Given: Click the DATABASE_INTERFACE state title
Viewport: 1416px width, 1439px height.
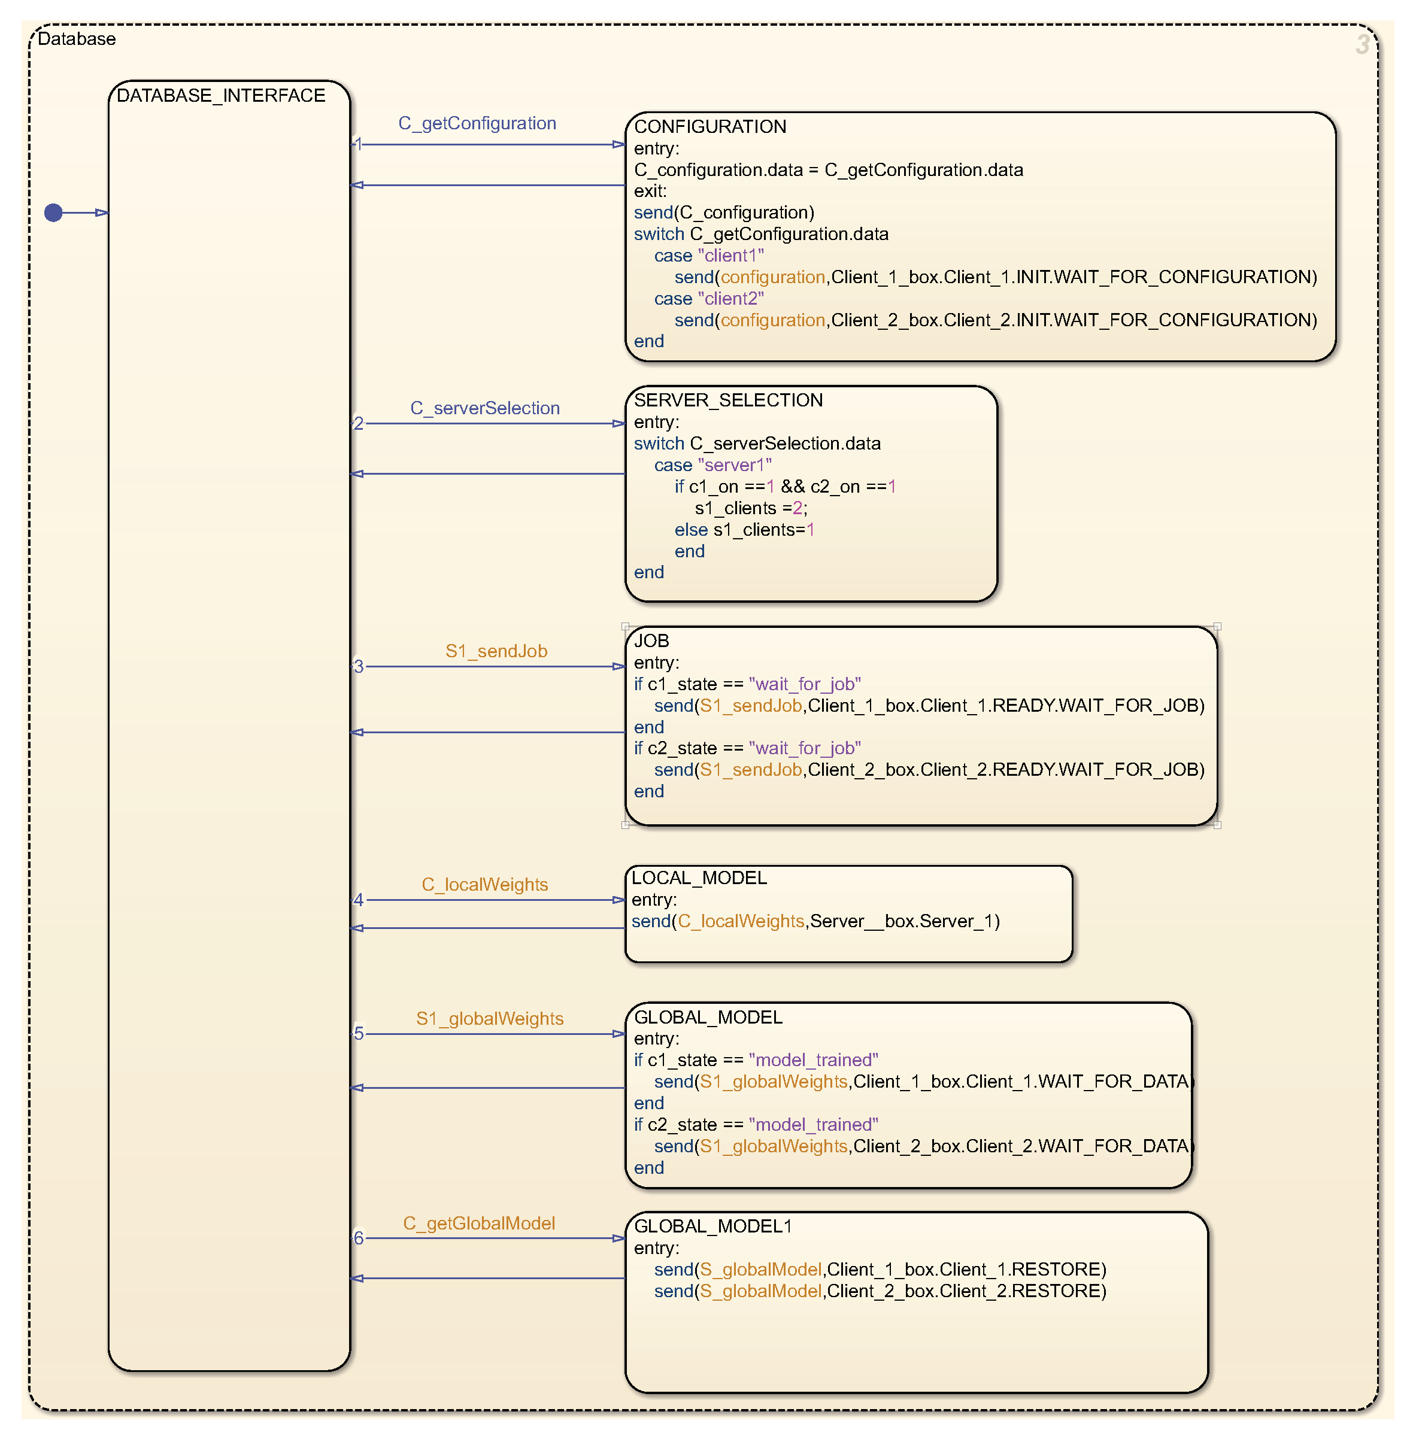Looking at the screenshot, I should [x=221, y=95].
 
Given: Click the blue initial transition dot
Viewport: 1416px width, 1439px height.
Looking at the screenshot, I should [x=53, y=212].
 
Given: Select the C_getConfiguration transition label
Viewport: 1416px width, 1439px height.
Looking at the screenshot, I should [x=477, y=123].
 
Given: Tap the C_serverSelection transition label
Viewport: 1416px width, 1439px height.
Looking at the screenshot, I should [x=485, y=408].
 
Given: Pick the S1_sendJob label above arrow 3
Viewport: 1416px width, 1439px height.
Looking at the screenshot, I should [x=496, y=651].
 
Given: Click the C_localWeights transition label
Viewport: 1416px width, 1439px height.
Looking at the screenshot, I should [x=484, y=884].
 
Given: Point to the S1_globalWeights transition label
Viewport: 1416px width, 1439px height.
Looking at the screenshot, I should [x=489, y=1018].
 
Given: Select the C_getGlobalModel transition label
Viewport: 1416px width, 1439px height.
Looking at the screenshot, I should [x=479, y=1224].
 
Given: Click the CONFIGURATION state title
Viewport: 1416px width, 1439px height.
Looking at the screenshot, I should [x=709, y=126].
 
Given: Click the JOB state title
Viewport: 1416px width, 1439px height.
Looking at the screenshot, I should [x=651, y=640].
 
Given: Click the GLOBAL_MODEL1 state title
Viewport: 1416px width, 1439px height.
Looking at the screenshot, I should [x=712, y=1227].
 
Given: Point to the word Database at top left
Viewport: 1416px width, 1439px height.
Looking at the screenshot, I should [x=77, y=39].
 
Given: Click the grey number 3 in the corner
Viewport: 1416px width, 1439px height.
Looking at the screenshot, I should [x=1361, y=45].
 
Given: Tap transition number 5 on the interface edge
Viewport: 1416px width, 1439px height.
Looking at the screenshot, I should [x=359, y=1033].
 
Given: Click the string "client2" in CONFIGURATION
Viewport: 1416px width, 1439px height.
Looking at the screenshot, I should [x=730, y=298].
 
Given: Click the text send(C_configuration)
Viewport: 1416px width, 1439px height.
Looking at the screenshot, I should [x=724, y=212].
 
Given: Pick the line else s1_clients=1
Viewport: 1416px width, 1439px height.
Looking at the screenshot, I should [x=744, y=530].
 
